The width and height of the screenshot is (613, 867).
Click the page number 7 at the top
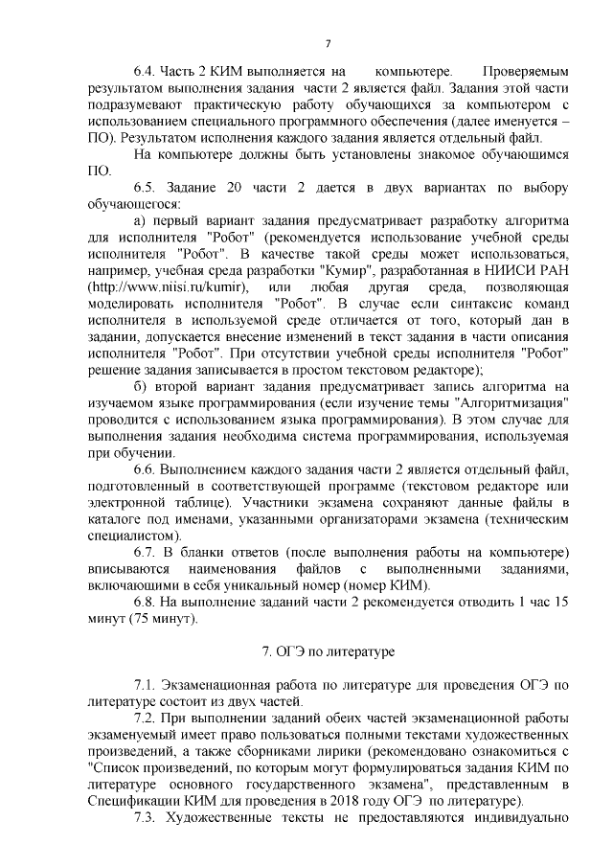pyautogui.click(x=328, y=41)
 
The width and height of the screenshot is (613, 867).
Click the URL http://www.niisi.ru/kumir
pyautogui.click(x=169, y=287)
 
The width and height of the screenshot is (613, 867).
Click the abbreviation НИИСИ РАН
pyautogui.click(x=525, y=271)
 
